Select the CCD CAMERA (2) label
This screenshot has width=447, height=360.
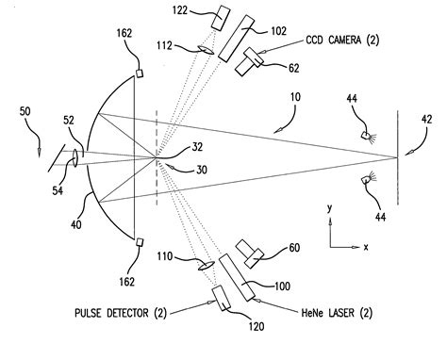tap(346, 41)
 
